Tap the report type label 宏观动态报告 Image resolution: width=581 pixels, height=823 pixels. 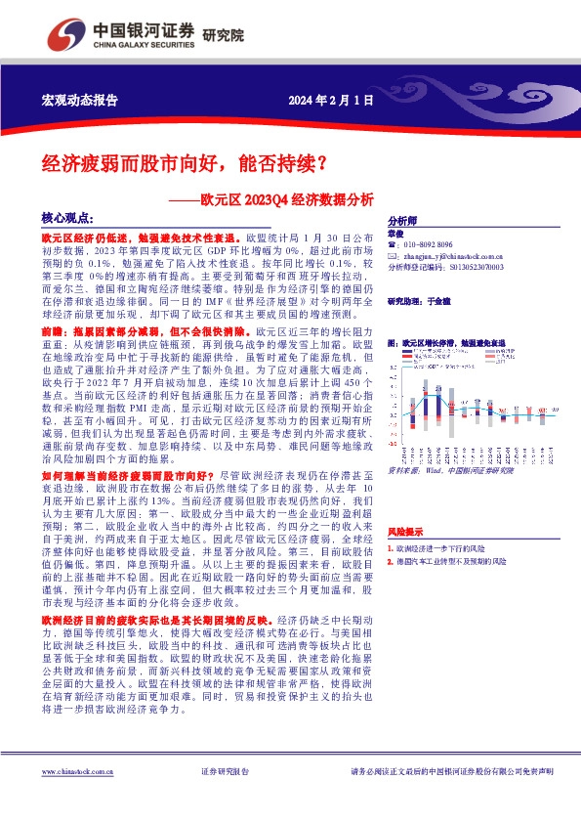pos(79,101)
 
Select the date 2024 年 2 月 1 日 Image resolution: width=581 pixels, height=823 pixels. pos(331,101)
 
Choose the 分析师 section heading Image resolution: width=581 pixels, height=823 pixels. pos(402,221)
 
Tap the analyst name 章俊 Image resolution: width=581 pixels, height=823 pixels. pos(394,234)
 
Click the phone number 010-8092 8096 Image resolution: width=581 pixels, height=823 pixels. pos(430,244)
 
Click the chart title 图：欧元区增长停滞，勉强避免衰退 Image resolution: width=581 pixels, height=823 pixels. pos(446,343)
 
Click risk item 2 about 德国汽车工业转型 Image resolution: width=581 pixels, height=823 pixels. pos(451,562)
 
